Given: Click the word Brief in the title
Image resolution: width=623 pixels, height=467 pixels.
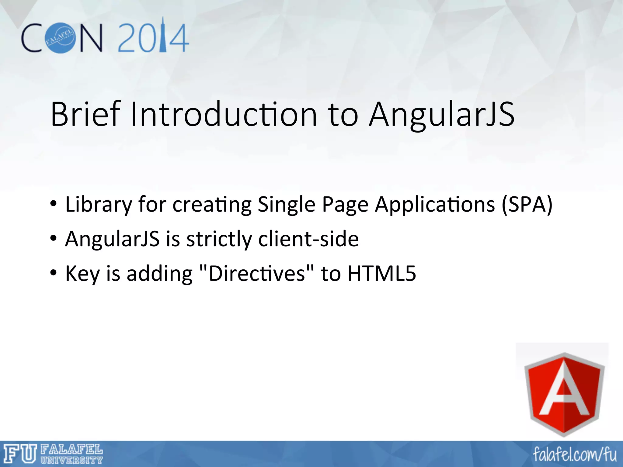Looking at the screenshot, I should (86, 114).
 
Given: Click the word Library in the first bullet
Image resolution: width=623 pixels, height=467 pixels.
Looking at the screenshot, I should (99, 205).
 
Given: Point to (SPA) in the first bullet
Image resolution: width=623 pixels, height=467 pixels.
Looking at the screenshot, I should (527, 205).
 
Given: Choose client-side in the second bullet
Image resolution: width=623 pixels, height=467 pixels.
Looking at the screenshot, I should (308, 239).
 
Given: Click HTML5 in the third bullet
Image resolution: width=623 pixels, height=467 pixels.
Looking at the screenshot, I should (381, 273).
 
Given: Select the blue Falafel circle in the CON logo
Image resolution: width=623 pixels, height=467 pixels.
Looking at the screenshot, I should (60, 37).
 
